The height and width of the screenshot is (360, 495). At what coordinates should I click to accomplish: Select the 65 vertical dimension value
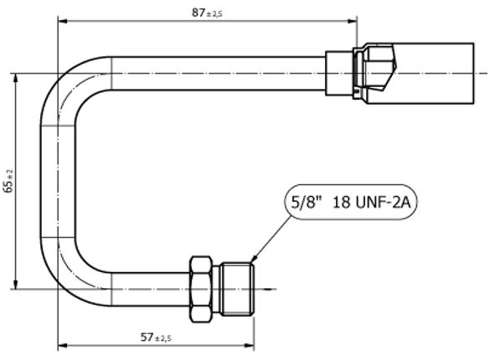click(x=8, y=186)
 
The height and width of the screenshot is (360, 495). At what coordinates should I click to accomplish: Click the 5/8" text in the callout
click(x=303, y=202)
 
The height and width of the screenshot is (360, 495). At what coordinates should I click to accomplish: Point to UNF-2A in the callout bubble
click(x=384, y=202)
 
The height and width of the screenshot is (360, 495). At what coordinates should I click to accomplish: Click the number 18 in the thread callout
click(x=342, y=202)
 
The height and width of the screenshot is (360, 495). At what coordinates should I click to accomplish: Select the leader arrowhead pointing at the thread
click(x=252, y=259)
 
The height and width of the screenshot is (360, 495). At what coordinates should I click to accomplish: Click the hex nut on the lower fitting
click(x=202, y=290)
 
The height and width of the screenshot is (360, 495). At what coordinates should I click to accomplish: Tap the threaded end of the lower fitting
click(x=238, y=290)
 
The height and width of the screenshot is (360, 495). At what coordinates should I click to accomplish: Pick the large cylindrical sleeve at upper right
click(x=438, y=74)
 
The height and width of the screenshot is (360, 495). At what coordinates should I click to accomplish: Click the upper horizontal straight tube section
click(x=218, y=74)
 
